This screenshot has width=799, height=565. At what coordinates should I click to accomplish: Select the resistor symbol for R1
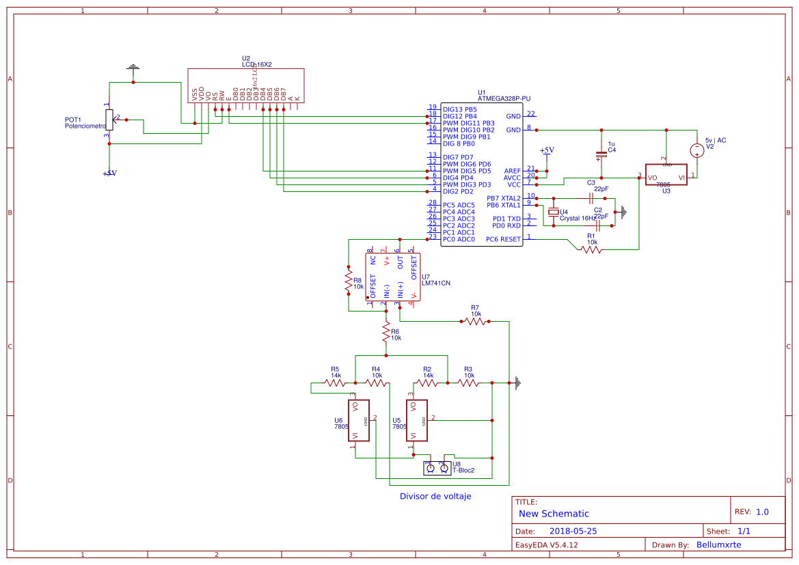tap(592, 250)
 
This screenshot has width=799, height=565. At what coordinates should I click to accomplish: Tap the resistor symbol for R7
tap(475, 321)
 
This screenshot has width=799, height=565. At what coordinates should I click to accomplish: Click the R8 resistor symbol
tap(349, 283)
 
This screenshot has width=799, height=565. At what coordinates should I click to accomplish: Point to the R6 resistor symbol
tap(386, 333)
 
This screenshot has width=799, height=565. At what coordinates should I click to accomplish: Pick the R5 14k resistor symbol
tap(335, 383)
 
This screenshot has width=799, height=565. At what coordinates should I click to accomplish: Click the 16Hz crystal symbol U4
tap(554, 212)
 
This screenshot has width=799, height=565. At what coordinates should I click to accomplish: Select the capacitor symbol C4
tap(601, 155)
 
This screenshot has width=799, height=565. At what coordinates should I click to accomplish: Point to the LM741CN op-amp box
tap(393, 277)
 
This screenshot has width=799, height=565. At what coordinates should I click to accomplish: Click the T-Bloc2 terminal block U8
tap(437, 468)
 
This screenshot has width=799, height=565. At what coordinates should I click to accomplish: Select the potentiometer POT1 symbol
tap(108, 119)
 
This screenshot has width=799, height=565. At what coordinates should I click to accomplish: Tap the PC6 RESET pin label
tap(503, 239)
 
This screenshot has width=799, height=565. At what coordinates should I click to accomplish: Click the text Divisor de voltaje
tap(435, 496)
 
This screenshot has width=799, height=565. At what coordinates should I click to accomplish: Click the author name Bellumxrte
tap(718, 545)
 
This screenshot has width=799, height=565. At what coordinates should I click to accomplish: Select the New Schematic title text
tap(554, 514)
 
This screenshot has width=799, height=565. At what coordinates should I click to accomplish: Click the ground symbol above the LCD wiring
tap(133, 68)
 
